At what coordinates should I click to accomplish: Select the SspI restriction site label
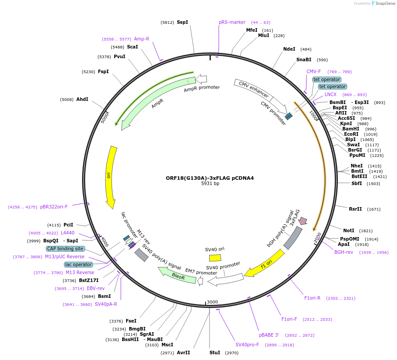182,22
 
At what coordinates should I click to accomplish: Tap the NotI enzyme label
348,230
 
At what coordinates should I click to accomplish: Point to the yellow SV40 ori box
215,258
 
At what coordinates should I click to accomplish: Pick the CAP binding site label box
65,249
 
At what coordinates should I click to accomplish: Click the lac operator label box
79,264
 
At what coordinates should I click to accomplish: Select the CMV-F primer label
314,71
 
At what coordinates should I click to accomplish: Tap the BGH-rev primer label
343,252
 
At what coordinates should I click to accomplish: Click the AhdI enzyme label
82,99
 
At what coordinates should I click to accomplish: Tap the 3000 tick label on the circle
213,302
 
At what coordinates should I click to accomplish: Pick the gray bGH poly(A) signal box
292,238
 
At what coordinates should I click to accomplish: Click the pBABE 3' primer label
269,335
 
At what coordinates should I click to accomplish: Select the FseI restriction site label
131,321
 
